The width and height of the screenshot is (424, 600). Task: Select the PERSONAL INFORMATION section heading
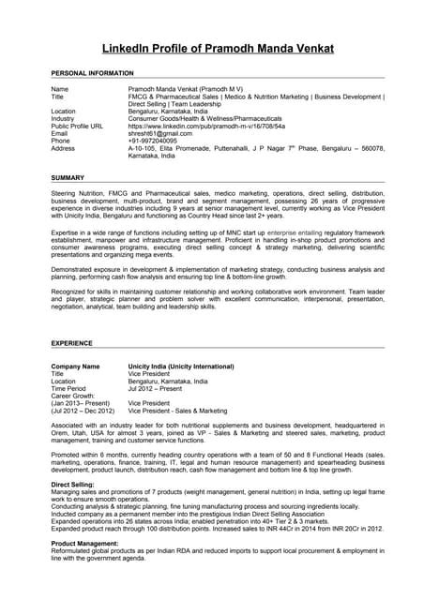[92, 72]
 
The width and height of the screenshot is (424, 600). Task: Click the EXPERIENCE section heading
[71, 344]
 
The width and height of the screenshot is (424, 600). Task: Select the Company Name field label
[75, 366]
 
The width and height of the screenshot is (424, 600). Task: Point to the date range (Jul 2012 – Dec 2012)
[83, 411]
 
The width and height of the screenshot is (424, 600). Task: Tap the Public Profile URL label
[77, 126]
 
